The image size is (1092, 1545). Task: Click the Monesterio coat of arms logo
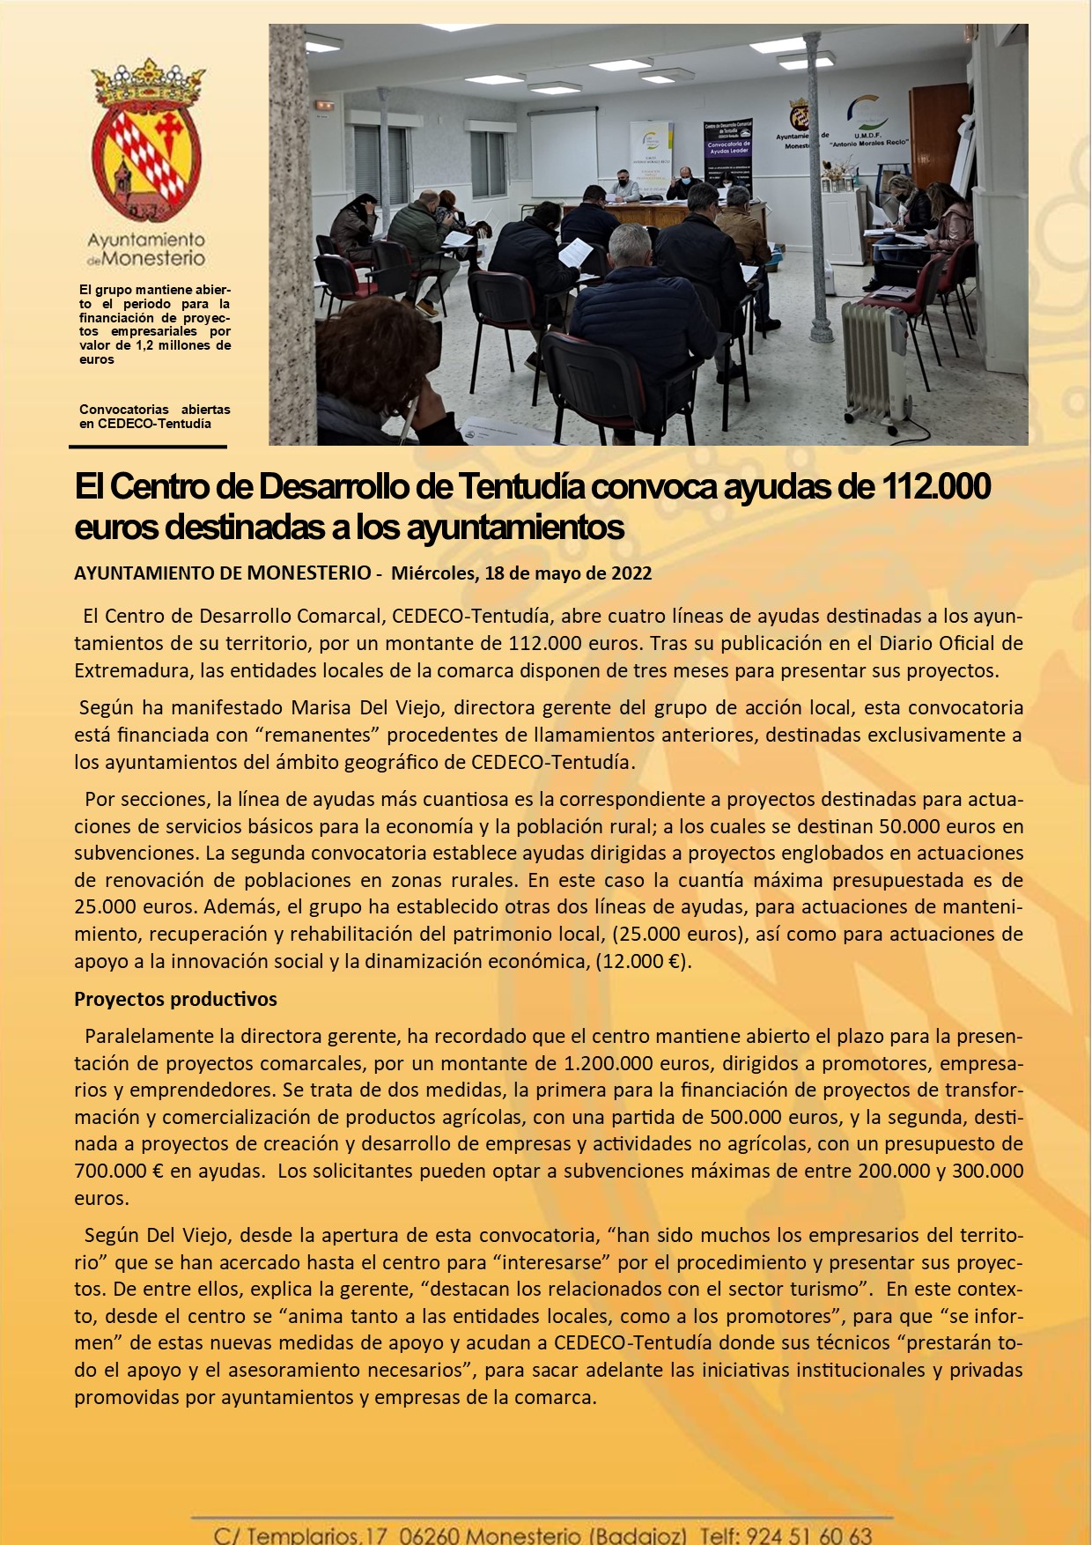tap(146, 141)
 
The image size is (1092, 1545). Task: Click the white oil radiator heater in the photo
tap(874, 365)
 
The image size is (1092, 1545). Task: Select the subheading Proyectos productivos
tap(175, 999)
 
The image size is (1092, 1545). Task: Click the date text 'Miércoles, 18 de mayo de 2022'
tap(521, 573)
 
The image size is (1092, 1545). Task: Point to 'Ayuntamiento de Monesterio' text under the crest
tap(146, 249)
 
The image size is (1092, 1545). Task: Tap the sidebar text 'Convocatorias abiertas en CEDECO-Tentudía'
tap(154, 417)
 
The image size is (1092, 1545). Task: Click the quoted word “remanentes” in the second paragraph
tap(322, 735)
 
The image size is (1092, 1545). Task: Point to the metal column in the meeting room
tap(819, 185)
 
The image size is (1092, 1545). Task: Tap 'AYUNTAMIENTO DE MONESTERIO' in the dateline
tap(223, 573)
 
